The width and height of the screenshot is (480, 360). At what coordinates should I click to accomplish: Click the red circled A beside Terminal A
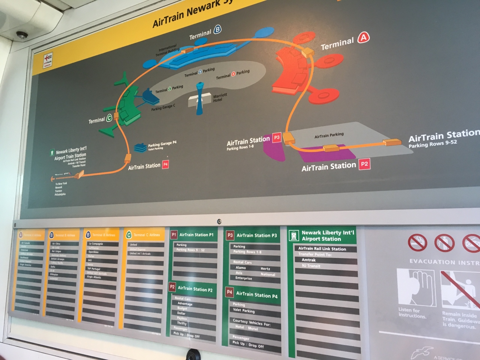click(363, 37)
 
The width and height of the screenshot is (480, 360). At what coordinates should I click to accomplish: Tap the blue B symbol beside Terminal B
click(217, 30)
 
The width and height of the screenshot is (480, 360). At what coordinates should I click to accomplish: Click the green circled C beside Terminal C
click(109, 118)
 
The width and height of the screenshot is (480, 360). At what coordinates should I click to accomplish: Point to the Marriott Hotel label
click(220, 97)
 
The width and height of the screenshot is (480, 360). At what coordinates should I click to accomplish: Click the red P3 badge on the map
click(276, 138)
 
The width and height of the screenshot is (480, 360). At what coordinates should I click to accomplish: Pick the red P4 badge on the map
click(165, 164)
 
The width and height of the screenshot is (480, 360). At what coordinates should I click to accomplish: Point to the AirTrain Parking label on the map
click(329, 135)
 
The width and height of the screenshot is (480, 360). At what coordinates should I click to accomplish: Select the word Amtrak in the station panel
click(309, 260)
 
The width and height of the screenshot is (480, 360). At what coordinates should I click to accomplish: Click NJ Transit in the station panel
click(311, 266)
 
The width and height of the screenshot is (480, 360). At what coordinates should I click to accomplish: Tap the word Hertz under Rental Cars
click(265, 268)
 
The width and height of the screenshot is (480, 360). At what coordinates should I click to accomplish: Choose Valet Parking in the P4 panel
click(244, 310)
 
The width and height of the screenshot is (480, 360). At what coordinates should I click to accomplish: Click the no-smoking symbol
click(417, 243)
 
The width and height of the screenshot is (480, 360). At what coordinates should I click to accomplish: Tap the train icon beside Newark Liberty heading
click(294, 235)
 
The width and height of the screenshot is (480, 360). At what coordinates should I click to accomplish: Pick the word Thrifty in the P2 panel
click(182, 323)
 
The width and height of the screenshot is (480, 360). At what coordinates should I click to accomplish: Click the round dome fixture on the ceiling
click(22, 35)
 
